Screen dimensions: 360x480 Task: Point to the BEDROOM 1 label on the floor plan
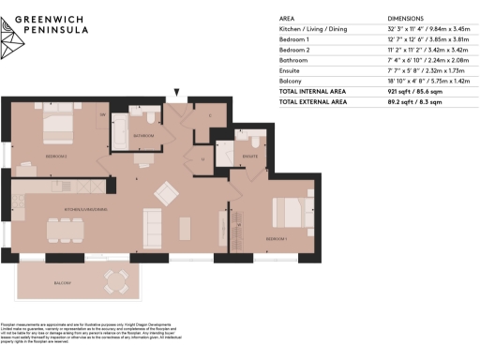[x=277, y=239]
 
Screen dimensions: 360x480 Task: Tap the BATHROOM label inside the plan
[x=143, y=136]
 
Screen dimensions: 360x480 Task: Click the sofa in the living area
[x=153, y=225]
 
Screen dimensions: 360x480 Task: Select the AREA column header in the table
[x=289, y=19]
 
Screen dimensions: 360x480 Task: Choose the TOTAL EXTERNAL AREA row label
[x=319, y=100]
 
